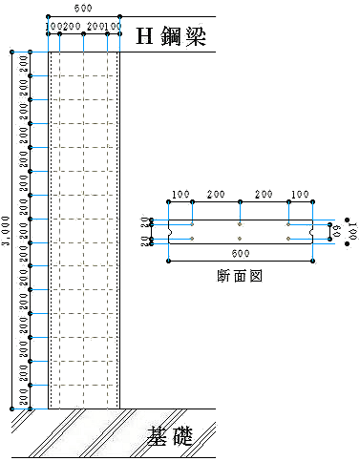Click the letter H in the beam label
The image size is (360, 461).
click(145, 36)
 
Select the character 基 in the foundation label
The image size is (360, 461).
click(159, 437)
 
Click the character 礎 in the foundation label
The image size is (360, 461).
click(181, 437)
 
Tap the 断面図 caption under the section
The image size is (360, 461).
click(240, 275)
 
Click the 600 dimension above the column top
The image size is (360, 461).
click(84, 8)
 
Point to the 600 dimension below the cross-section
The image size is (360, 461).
click(240, 253)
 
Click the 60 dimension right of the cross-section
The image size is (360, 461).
click(335, 230)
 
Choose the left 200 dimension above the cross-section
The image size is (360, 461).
click(216, 195)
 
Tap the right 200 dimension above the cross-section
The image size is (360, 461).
click(265, 195)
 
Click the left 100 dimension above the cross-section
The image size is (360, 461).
click(180, 195)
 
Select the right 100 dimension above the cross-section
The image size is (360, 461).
click(300, 195)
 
